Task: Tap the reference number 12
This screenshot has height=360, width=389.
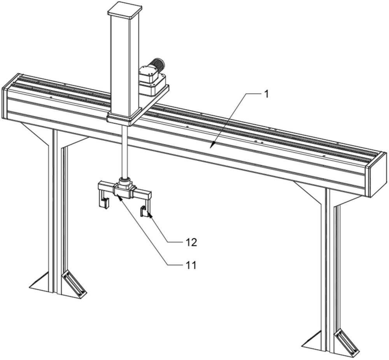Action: tap(191, 242)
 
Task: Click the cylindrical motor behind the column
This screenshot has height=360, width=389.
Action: tap(157, 64)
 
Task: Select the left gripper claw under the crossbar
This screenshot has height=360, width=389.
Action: tap(104, 202)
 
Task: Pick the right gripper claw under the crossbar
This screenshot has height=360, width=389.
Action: tap(144, 211)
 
